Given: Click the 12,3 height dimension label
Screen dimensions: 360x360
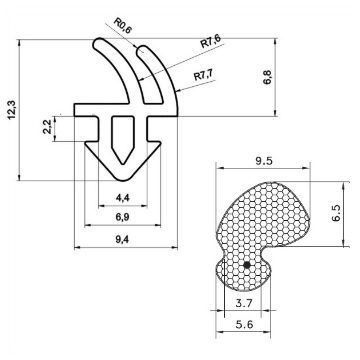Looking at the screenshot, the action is click(x=12, y=110).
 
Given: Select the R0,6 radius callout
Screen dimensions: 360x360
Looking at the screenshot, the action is click(x=123, y=25).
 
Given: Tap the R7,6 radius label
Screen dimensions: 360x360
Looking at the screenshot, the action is click(x=210, y=41).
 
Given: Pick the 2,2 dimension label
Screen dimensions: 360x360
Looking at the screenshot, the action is click(x=48, y=127).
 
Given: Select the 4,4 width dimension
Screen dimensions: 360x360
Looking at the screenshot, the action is click(x=123, y=198).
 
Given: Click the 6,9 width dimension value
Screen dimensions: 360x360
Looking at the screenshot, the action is click(x=123, y=217).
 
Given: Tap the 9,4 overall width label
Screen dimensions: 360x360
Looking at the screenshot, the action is click(x=123, y=239).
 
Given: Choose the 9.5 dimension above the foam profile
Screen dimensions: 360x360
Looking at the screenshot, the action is click(x=264, y=161).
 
